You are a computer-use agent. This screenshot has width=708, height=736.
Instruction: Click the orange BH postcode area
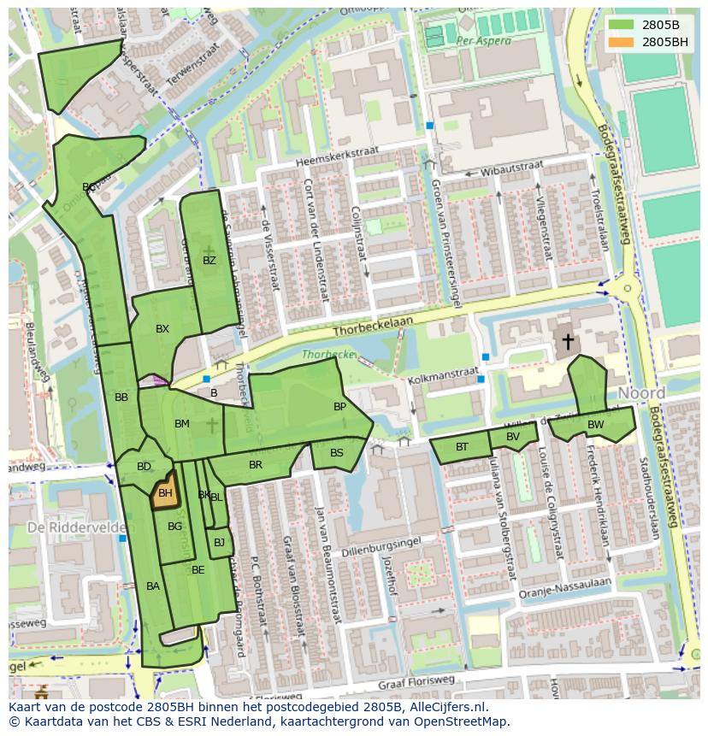165,492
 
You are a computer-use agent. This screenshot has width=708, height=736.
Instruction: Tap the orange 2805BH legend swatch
622,42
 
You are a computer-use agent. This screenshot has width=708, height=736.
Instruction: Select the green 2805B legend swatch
622,25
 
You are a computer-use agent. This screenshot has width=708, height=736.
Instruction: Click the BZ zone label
209,261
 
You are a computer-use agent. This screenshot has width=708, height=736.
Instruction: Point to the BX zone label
162,329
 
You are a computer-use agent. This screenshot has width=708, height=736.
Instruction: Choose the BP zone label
339,407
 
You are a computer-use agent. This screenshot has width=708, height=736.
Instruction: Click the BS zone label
337,453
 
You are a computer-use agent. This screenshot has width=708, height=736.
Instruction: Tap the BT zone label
462,447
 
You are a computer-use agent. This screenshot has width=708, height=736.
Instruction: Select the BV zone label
513,437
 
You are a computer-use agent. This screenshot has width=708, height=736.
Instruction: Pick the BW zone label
595,424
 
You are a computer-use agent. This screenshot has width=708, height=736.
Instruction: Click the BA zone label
153,586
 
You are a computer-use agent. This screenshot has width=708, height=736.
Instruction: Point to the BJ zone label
219,543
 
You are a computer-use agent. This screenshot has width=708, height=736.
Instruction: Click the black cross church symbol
567,342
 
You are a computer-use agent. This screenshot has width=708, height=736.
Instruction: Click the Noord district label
641,393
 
